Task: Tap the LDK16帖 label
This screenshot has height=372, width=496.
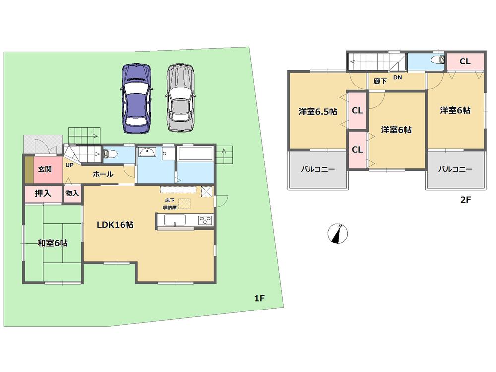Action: pyautogui.click(x=115, y=224)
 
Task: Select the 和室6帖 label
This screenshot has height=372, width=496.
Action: pyautogui.click(x=53, y=243)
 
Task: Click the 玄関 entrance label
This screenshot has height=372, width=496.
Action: pyautogui.click(x=45, y=169)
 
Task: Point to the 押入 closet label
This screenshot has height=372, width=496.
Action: pyautogui.click(x=43, y=193)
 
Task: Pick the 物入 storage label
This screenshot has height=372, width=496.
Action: pyautogui.click(x=72, y=193)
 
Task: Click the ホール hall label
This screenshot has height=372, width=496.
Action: pyautogui.click(x=103, y=174)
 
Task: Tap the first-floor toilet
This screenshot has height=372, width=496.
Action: pyautogui.click(x=109, y=154)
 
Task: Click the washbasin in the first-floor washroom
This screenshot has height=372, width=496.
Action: pyautogui.click(x=148, y=153)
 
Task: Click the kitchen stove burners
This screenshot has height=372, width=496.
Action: pyautogui.click(x=205, y=220)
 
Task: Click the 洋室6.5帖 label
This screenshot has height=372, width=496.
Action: pyautogui.click(x=317, y=112)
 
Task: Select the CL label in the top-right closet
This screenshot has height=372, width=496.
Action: pyautogui.click(x=465, y=62)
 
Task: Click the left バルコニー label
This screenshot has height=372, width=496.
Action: pyautogui.click(x=317, y=169)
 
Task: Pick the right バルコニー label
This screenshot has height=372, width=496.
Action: pyautogui.click(x=455, y=169)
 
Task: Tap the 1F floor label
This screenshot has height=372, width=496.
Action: pyautogui.click(x=260, y=298)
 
